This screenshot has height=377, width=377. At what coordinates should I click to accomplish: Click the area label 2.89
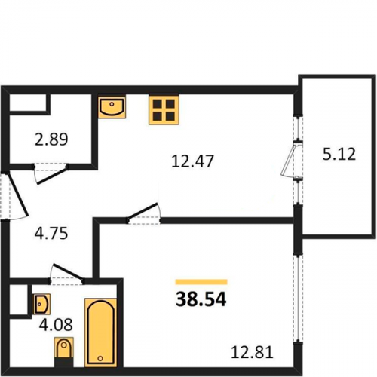(51, 139)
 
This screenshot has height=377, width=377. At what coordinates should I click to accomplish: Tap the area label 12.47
(192, 161)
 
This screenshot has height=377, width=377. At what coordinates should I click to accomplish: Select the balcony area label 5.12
(339, 154)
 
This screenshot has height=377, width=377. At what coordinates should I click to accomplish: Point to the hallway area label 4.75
(51, 233)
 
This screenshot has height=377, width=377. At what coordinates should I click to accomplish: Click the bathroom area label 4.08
(56, 324)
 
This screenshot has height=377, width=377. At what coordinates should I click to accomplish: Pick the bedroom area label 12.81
(252, 352)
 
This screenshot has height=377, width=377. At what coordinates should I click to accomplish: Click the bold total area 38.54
(201, 299)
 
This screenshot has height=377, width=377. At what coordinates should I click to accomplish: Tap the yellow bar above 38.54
(201, 282)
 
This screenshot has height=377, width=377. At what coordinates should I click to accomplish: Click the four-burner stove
(164, 109)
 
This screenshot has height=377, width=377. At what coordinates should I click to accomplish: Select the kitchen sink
(112, 108)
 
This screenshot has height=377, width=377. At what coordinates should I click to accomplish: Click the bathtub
(100, 333)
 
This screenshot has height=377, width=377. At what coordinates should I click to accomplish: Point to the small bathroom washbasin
(41, 304)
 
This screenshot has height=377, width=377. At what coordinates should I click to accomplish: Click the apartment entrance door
(18, 195)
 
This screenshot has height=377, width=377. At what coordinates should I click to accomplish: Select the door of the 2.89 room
(51, 174)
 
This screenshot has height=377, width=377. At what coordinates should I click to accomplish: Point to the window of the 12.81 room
(298, 297)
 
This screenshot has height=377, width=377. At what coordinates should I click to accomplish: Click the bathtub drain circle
(100, 358)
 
